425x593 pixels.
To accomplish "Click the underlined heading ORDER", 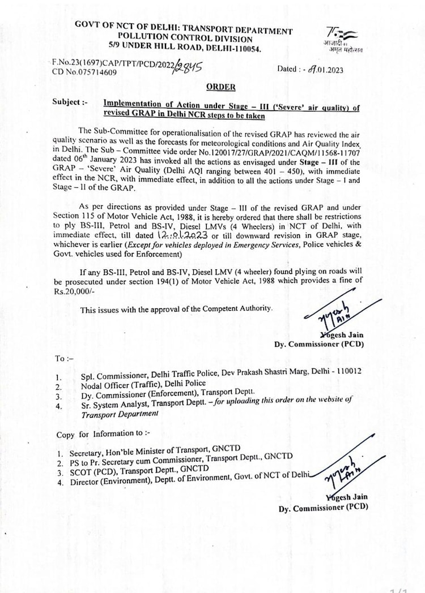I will [x=220, y=87].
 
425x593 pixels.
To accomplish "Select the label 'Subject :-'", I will [x=70, y=102].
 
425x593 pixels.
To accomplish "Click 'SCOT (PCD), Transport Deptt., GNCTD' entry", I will [x=139, y=471].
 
